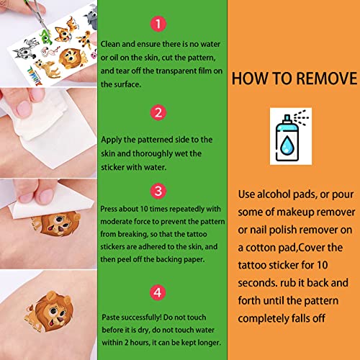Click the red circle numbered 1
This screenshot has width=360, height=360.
pyautogui.click(x=158, y=24)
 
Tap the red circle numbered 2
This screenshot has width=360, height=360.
pyautogui.click(x=158, y=112)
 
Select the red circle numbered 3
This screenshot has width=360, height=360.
pyautogui.click(x=158, y=191)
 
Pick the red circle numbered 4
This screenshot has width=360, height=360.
pyautogui.click(x=158, y=292)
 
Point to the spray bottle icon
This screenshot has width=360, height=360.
pyautogui.click(x=291, y=135)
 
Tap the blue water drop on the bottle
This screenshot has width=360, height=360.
pyautogui.click(x=287, y=145)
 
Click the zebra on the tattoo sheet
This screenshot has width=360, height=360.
pyautogui.click(x=26, y=49)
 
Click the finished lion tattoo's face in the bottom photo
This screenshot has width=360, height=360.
pyautogui.click(x=55, y=312)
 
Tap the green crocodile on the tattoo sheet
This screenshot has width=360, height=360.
pyautogui.click(x=46, y=37)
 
